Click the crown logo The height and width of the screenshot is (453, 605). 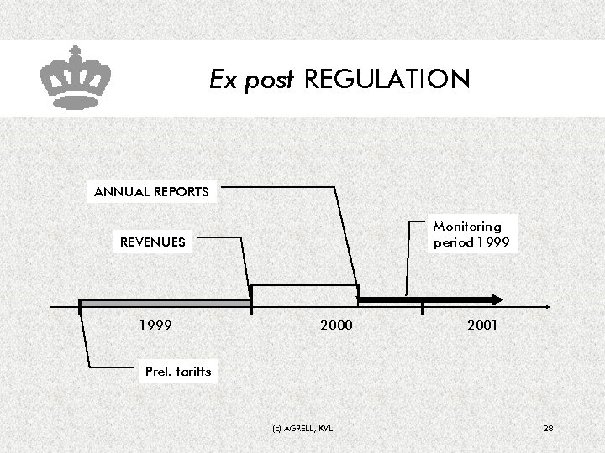(76, 77)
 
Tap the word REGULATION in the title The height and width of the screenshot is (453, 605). (387, 80)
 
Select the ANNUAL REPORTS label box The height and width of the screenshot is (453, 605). (152, 191)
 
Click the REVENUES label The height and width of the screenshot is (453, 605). (152, 242)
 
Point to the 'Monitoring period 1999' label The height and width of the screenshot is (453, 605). (467, 235)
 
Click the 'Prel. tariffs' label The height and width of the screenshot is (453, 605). (178, 371)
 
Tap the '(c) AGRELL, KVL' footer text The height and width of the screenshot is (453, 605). (302, 429)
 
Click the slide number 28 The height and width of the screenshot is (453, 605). (548, 429)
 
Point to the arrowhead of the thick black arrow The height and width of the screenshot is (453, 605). (497, 299)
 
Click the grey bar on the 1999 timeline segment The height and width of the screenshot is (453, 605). (165, 303)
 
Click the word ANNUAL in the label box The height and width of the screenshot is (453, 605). (122, 191)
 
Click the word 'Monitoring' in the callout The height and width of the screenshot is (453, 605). (467, 226)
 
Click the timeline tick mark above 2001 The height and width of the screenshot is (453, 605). (423, 308)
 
